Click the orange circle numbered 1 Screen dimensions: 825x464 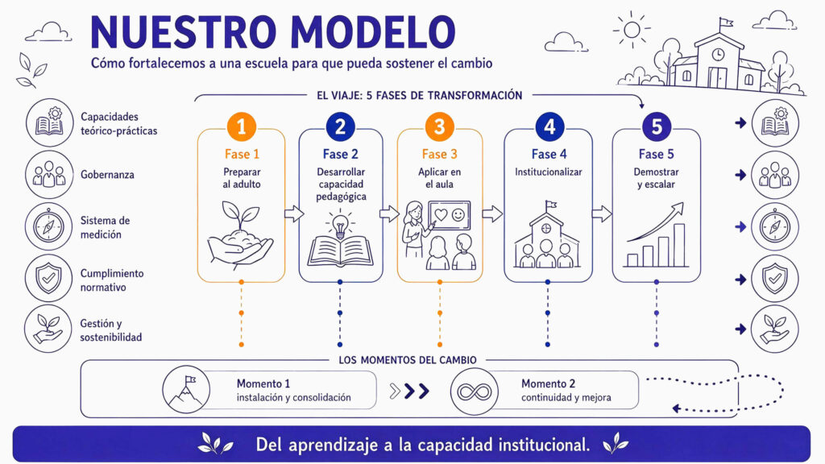point(241,126)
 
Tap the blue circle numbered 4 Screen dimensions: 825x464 point(549,126)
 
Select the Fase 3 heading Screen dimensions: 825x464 point(439,154)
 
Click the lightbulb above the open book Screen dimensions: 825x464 point(340,225)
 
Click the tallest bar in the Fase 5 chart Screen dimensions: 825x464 point(679,245)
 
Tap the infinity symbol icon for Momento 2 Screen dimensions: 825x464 point(474,391)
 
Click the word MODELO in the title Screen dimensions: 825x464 point(373,32)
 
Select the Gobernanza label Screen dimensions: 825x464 point(107,175)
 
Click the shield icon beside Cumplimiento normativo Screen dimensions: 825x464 point(48,278)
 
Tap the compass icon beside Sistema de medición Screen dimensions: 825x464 point(48,226)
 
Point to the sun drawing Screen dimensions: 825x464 point(632,30)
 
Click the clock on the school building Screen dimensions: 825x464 point(718,54)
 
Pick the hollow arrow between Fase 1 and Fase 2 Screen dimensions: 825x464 point(294,213)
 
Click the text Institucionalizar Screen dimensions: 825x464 point(548,172)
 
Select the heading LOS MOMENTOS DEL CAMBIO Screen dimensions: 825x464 point(407,360)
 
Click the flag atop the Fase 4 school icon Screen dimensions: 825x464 point(550,205)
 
